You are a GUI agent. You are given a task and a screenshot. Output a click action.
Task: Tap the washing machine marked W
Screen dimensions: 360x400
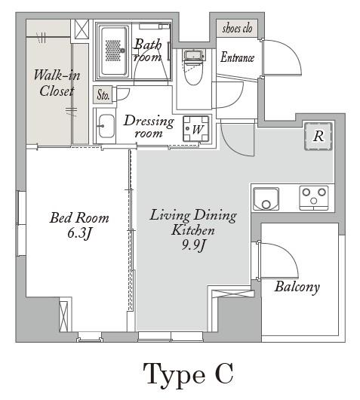point(196,129)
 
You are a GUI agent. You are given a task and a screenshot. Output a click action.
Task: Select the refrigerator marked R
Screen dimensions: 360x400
point(318,136)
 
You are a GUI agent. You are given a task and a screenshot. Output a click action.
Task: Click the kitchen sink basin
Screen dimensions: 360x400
point(266,198)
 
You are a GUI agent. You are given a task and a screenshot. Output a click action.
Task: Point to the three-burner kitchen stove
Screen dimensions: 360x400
point(313,198)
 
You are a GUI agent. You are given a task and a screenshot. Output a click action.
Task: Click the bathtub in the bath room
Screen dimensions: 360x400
point(113,51)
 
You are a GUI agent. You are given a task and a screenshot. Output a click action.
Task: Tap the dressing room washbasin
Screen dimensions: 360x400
point(106,126)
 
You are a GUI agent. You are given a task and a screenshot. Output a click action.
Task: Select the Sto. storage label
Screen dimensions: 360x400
point(103,94)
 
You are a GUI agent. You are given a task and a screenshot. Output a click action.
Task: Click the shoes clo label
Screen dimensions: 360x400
point(237,28)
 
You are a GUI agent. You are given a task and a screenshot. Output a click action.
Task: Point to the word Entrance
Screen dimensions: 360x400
point(238,57)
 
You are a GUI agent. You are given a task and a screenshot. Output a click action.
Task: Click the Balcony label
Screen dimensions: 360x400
point(297,288)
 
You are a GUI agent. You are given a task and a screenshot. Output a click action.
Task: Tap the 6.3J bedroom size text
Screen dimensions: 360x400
point(79,233)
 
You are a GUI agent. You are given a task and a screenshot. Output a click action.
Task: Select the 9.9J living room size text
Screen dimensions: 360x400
point(193,245)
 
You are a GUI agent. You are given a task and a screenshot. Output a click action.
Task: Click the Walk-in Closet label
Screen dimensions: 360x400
point(57,84)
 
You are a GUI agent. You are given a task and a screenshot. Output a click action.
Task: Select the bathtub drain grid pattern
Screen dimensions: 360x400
point(113,51)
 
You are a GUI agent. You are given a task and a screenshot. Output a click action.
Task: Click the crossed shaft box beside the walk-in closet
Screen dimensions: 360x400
point(82,29)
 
